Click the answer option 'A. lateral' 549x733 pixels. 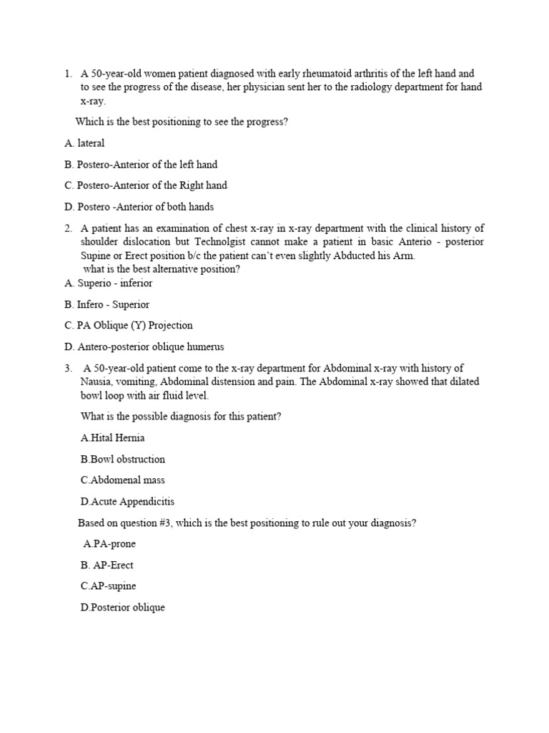click(x=84, y=143)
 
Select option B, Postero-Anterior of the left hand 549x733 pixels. click(x=140, y=165)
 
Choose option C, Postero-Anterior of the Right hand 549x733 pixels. click(x=145, y=185)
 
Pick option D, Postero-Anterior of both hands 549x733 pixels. click(x=139, y=207)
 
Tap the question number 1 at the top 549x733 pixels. click(x=68, y=74)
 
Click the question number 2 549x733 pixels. click(x=68, y=229)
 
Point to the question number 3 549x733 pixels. click(x=68, y=368)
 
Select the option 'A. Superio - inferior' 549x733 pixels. click(x=108, y=283)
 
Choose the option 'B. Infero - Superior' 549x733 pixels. click(x=107, y=305)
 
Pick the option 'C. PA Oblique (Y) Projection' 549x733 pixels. click(x=128, y=326)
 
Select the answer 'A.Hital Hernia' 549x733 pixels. click(x=113, y=438)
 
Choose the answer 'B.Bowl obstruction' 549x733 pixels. click(x=123, y=459)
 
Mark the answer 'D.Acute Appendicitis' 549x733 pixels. click(x=127, y=502)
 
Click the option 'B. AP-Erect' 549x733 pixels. click(x=107, y=565)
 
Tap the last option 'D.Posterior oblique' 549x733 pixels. click(x=123, y=608)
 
